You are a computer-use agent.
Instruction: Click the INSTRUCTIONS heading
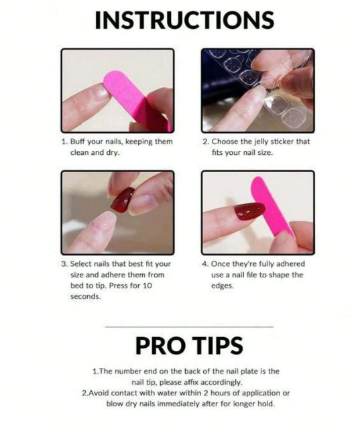pyautogui.click(x=184, y=20)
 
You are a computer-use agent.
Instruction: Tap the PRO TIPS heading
pyautogui.click(x=189, y=345)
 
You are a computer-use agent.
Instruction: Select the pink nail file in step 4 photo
pyautogui.click(x=271, y=206)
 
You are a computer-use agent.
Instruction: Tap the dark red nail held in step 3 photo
pyautogui.click(x=123, y=200)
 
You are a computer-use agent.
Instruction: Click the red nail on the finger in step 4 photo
pyautogui.click(x=249, y=211)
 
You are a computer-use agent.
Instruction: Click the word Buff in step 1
pyautogui.click(x=78, y=141)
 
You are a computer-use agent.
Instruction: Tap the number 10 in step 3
pyautogui.click(x=147, y=286)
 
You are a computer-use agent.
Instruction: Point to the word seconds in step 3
pyautogui.click(x=85, y=296)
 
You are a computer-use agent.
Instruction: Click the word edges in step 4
pyautogui.click(x=223, y=286)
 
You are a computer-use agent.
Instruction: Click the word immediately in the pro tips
pyautogui.click(x=179, y=404)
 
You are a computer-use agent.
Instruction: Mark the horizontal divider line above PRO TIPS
pyautogui.click(x=189, y=327)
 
